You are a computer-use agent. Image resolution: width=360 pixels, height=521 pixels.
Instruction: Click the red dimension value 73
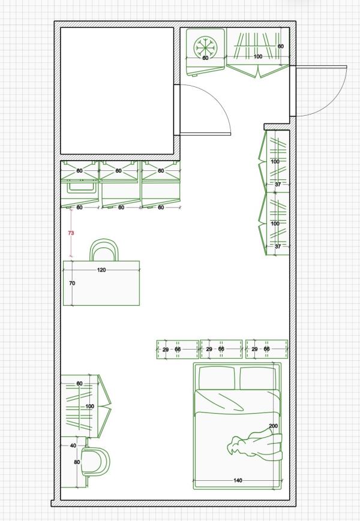pos(71,233)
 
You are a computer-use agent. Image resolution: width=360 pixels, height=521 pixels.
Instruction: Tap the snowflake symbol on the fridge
pos(205,47)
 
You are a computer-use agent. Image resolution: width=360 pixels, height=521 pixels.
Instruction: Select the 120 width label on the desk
pos(101,270)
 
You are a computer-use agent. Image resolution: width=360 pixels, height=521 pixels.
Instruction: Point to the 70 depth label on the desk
pos(72,283)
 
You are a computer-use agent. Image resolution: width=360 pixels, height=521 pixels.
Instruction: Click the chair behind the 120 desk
pos(104,250)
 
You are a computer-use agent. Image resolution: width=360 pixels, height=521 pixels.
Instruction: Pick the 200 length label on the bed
pos(273,426)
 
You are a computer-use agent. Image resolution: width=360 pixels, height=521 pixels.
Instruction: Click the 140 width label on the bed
pos(238,480)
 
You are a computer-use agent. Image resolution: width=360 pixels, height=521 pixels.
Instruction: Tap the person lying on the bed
pos(254,445)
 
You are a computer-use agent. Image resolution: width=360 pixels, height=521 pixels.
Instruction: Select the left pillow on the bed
pos(219,378)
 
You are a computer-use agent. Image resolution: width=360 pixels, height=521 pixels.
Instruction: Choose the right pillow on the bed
pos(258,378)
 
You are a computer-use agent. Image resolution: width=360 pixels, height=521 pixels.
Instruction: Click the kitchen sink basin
pos(82,186)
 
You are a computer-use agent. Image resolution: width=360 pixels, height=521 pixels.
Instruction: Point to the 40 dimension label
pos(73,445)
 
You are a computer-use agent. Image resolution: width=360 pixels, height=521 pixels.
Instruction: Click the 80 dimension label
pos(77,462)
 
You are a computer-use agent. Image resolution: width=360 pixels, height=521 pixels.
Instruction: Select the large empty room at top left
pos(117,91)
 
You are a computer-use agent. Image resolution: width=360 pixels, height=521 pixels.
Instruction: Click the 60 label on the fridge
pos(205,58)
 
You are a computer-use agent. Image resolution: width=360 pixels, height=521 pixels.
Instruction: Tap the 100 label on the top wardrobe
pos(258,56)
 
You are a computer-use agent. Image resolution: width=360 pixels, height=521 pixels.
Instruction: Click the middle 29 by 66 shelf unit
pos(221,349)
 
